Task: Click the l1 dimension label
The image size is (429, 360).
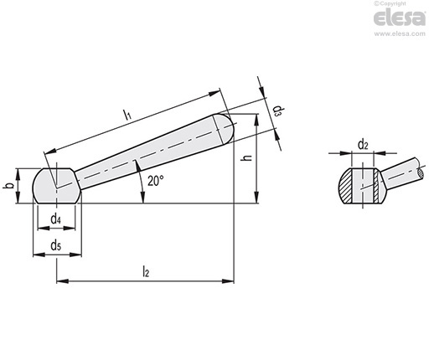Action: (x=127, y=115)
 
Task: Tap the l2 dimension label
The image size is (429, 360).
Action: (x=146, y=271)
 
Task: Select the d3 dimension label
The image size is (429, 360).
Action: (x=277, y=111)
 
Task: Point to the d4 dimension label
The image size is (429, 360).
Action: (x=56, y=219)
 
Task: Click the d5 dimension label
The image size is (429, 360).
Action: (x=56, y=246)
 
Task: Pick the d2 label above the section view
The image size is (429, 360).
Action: (x=363, y=145)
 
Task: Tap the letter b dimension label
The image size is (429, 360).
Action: (x=9, y=186)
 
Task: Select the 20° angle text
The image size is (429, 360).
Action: (x=156, y=181)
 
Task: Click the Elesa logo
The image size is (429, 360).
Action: (x=399, y=18)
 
